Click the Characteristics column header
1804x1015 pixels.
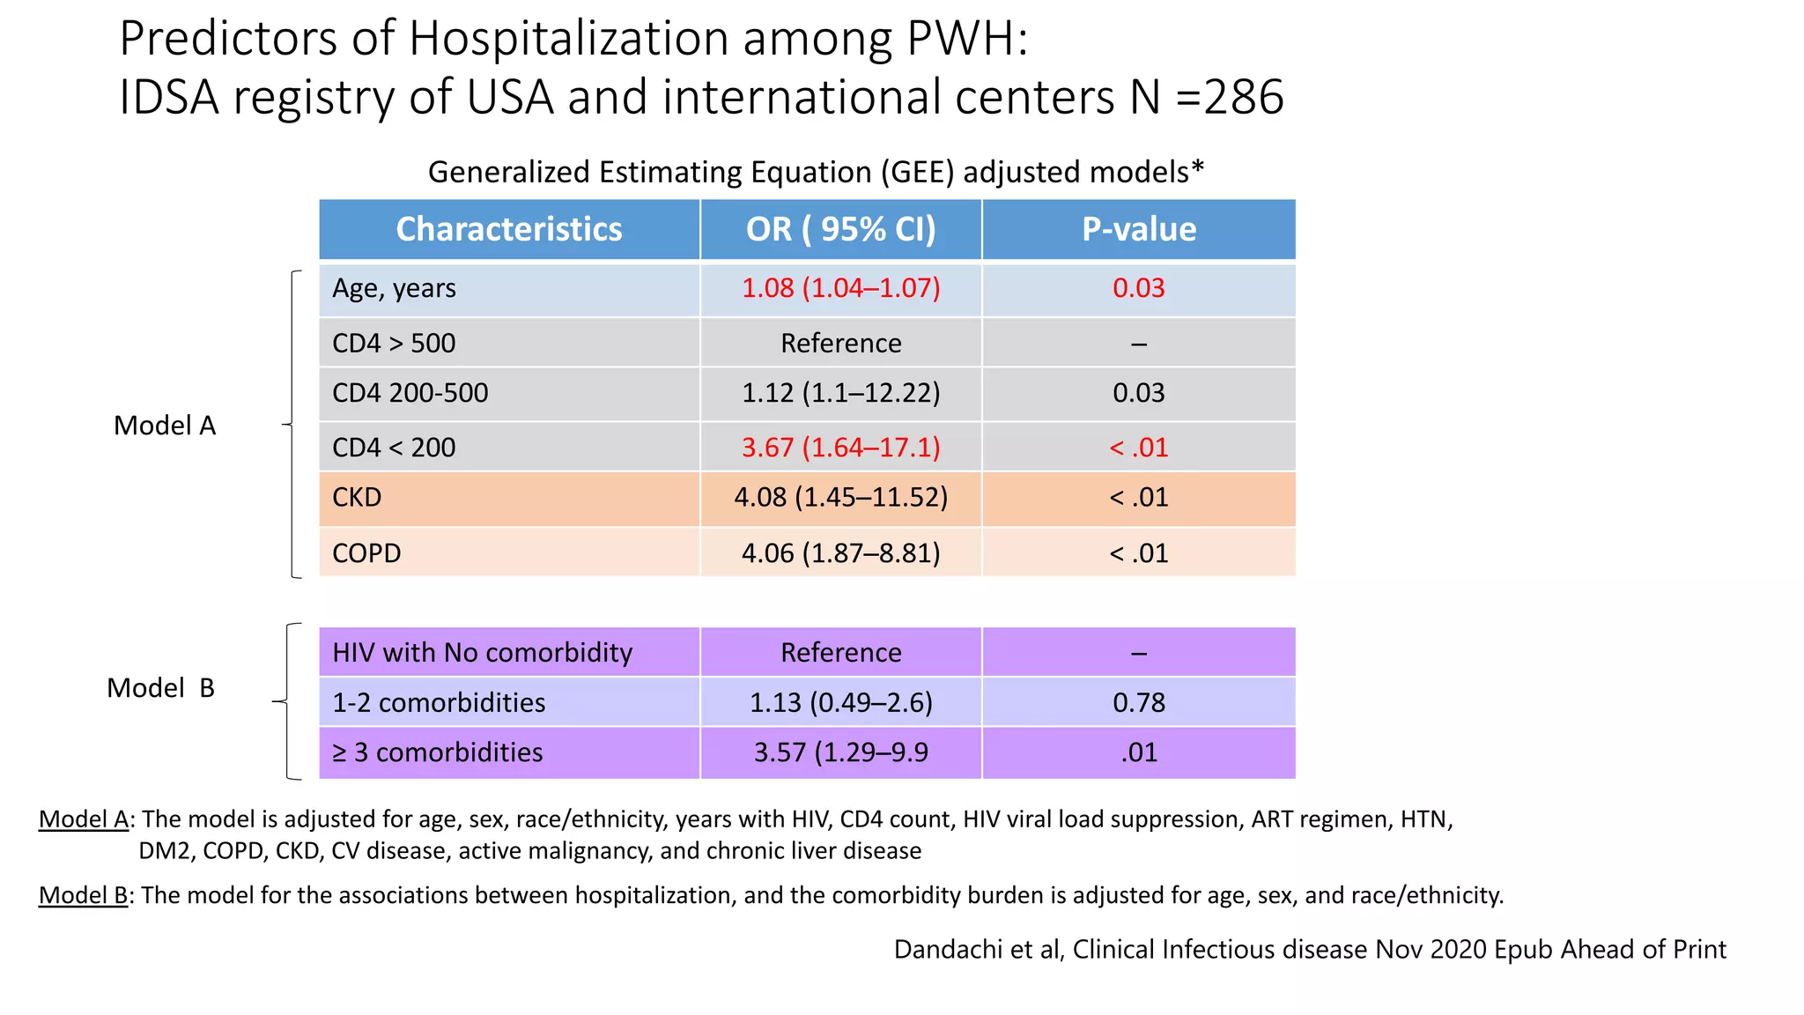[x=508, y=229]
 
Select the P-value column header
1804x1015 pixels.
[x=1138, y=229]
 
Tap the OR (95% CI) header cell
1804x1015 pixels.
[x=840, y=229]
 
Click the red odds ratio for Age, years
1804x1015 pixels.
[x=840, y=288]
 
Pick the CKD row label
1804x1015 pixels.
[x=357, y=498]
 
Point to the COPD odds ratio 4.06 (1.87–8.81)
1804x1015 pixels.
[x=840, y=553]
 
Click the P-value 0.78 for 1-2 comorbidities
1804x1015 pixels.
[x=1138, y=703]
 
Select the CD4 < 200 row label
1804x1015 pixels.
[x=394, y=448]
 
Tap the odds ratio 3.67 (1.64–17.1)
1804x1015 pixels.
[x=840, y=448]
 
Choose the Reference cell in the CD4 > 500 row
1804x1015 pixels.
[x=840, y=343]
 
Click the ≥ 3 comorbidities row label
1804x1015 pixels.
[x=437, y=752]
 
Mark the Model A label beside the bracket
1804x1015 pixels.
[x=165, y=426]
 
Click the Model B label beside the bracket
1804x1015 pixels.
[x=160, y=688]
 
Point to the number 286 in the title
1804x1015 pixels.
[x=1243, y=97]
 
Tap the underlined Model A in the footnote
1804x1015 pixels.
[x=84, y=819]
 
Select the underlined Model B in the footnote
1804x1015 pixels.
[x=84, y=895]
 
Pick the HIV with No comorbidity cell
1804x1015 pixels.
[x=482, y=653]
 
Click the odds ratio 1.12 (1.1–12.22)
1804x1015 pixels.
[x=840, y=393]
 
